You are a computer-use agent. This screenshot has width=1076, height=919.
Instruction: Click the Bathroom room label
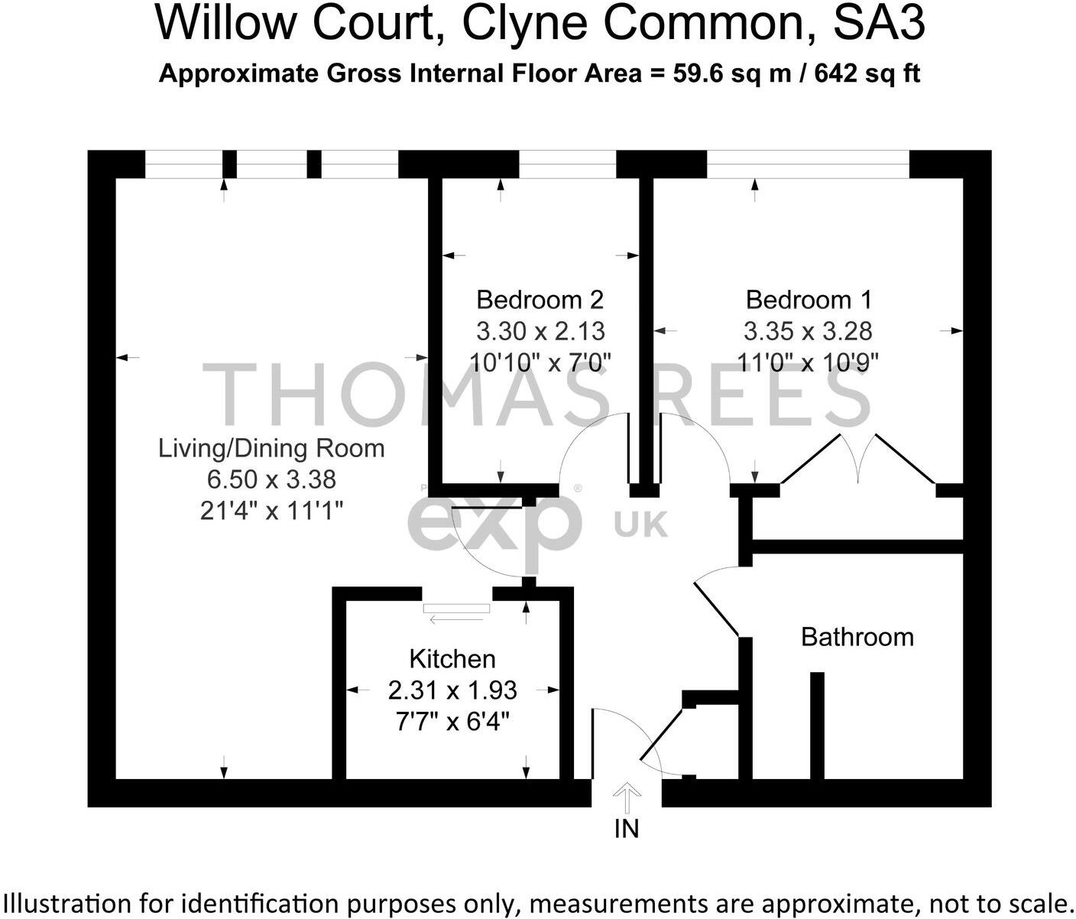[x=857, y=637]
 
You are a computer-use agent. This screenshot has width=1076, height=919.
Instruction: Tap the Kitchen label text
[x=452, y=659]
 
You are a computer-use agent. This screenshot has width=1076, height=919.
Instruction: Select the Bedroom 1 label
[x=809, y=300]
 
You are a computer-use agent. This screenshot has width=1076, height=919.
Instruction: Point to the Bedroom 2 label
[x=540, y=300]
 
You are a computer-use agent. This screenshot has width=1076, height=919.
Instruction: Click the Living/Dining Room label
[x=271, y=448]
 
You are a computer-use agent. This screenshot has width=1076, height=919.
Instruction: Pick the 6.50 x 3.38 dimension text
[x=271, y=479]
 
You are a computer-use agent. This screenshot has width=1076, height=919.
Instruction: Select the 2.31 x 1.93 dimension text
[x=452, y=690]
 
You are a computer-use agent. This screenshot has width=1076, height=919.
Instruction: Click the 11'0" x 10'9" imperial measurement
[x=809, y=362]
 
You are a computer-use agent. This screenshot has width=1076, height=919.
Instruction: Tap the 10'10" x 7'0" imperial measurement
[x=540, y=362]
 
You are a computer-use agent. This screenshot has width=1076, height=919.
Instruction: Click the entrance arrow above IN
[x=627, y=797]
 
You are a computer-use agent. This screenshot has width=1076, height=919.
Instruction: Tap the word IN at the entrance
[x=627, y=829]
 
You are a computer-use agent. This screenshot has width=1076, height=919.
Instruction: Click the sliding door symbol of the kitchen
[x=457, y=609]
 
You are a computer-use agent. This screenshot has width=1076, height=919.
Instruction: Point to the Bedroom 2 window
[x=568, y=164]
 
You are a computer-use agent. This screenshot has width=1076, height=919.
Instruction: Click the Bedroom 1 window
[x=808, y=164]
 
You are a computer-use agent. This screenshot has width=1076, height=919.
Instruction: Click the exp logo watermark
[x=494, y=524]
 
